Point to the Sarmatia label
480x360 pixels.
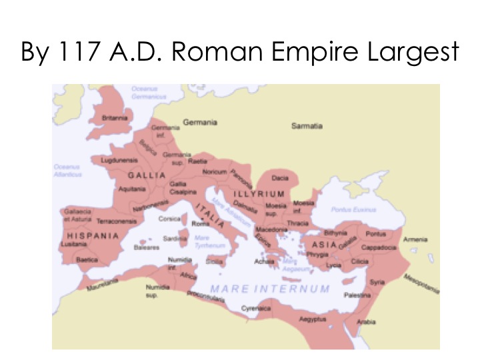click(307, 125)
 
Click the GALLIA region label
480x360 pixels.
click(146, 175)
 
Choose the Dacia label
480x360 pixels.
click(279, 178)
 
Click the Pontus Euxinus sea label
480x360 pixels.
click(349, 209)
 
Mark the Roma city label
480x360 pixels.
click(200, 225)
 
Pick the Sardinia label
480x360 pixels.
click(174, 238)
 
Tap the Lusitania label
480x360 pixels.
click(75, 245)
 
